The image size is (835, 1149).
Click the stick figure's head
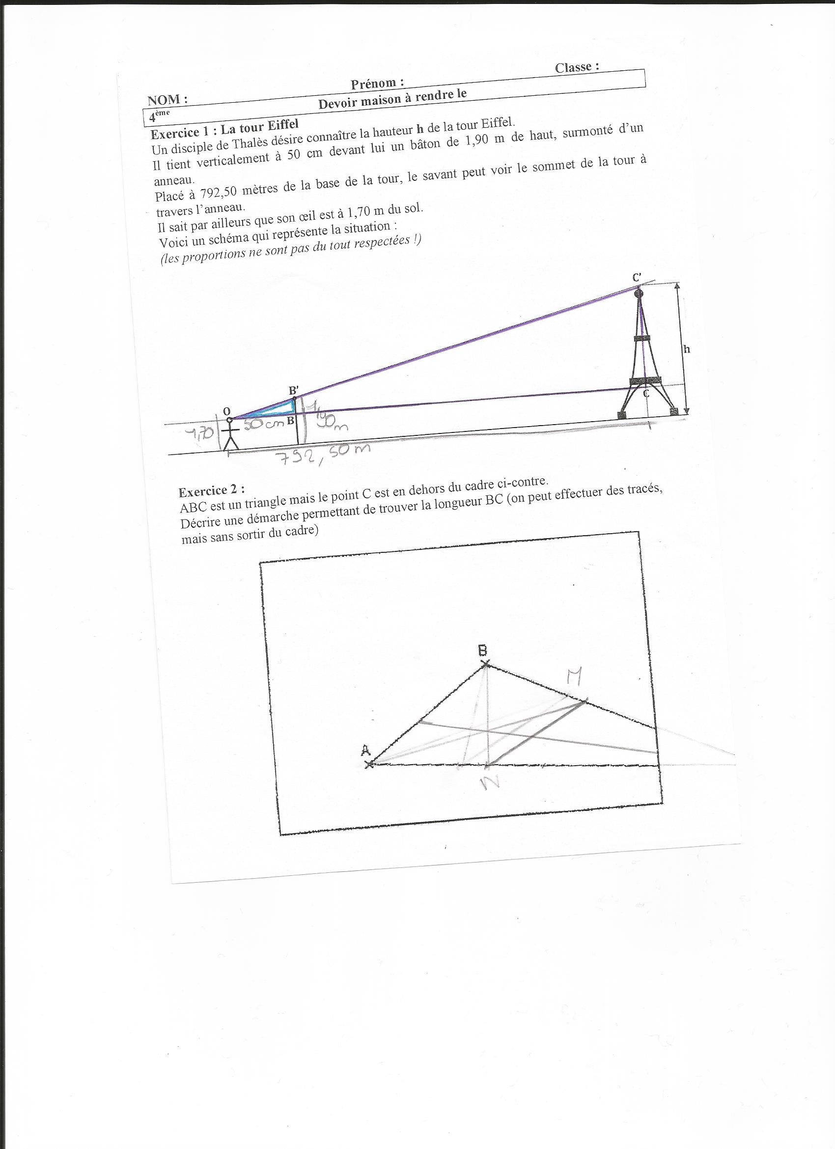(x=229, y=420)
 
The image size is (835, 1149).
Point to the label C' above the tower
(x=637, y=278)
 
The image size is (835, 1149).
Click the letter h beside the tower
(x=687, y=349)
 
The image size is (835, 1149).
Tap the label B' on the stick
(x=294, y=391)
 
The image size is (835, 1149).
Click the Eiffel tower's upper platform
(x=642, y=338)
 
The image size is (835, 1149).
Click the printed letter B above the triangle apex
(x=484, y=650)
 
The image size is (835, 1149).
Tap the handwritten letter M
(x=574, y=675)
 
